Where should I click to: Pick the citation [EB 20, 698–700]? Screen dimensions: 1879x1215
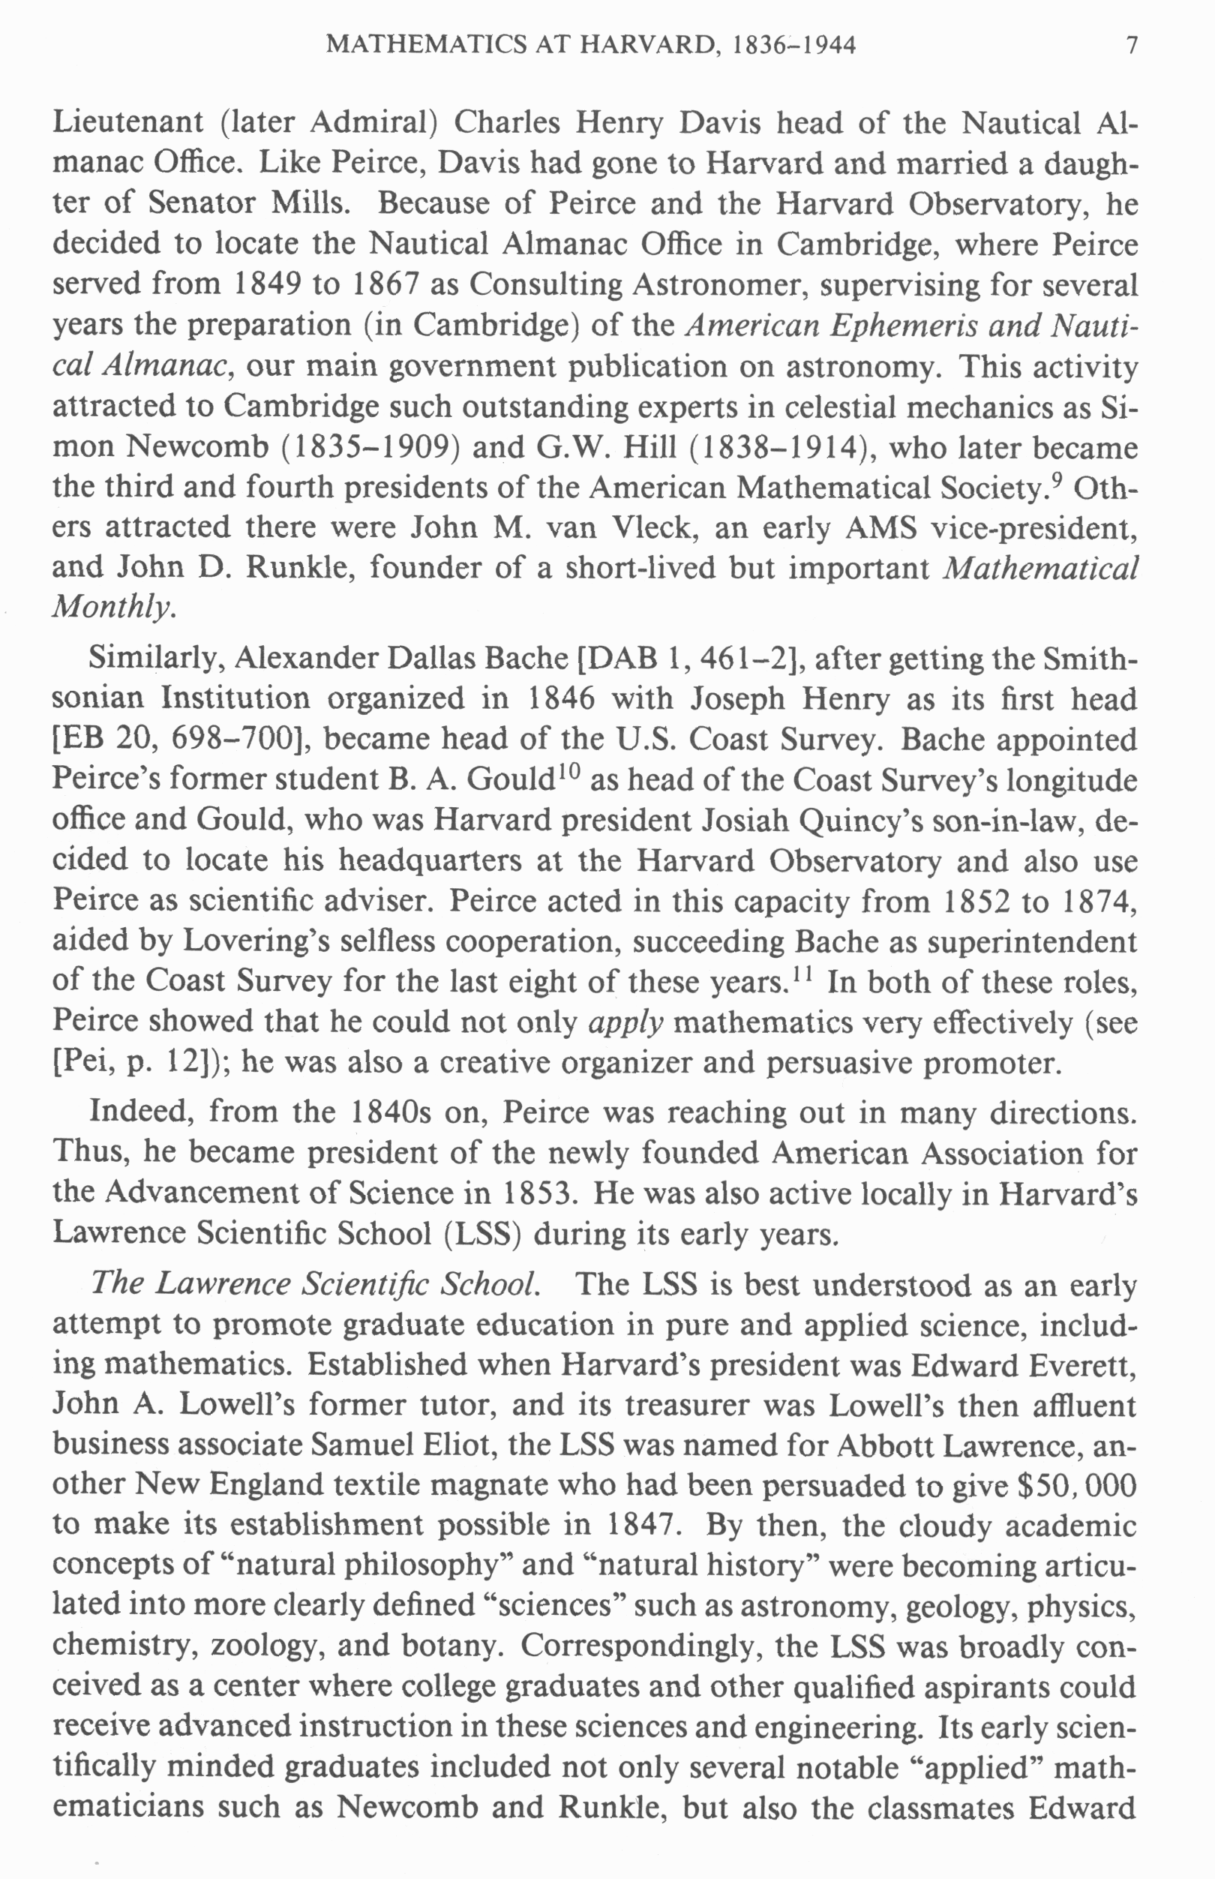pyautogui.click(x=179, y=739)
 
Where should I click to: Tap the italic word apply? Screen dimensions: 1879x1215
pyautogui.click(x=625, y=1023)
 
